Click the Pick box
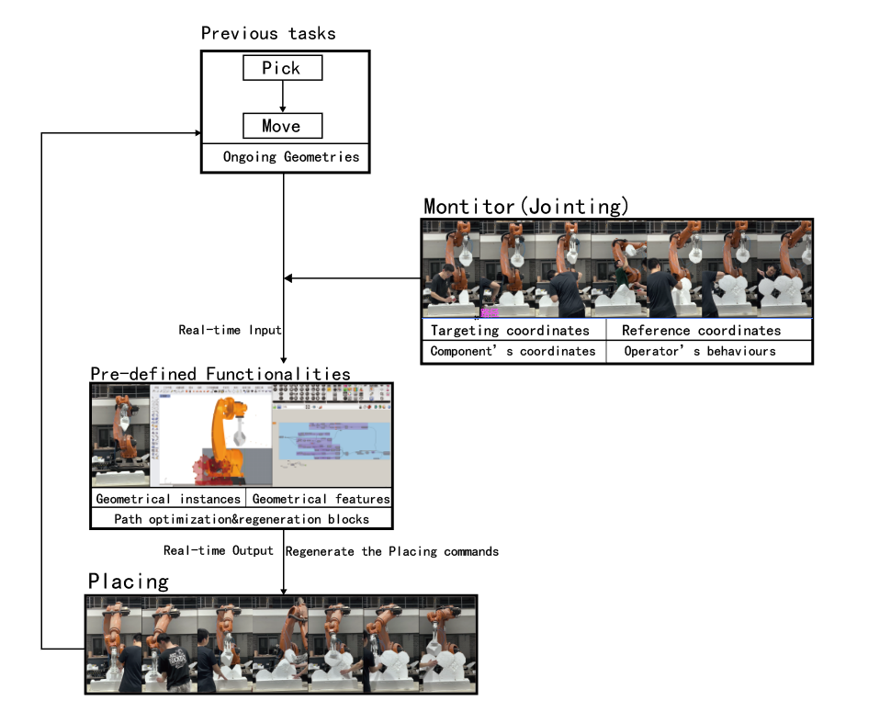coord(282,68)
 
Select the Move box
coord(282,126)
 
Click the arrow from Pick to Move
coord(282,96)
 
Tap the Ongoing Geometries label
coord(290,157)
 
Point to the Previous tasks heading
coord(268,34)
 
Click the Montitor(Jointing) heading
coord(526,206)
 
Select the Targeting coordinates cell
coord(510,330)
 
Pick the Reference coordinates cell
coord(701,330)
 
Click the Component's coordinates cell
coord(513,351)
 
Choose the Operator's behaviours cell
coord(700,351)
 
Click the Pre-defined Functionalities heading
coord(220,374)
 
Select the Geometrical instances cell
coord(167,499)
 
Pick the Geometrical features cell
coord(321,499)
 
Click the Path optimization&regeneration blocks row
coord(242,519)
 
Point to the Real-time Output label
coord(219,550)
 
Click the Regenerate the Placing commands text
coord(392,551)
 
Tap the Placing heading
coord(129,582)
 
